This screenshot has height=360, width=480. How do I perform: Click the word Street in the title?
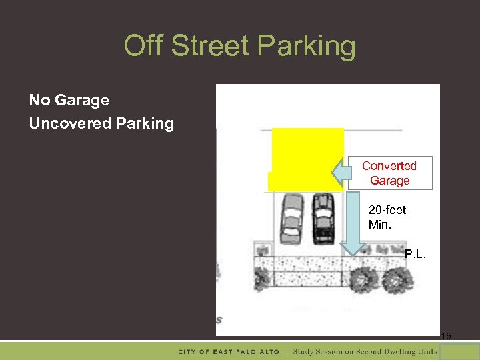209,46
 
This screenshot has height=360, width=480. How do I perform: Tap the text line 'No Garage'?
69,100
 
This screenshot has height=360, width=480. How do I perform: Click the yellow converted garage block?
307,157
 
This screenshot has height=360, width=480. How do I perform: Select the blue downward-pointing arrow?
351,224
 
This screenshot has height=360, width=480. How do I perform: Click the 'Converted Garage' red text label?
389,173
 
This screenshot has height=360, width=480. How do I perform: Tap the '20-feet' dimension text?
387,210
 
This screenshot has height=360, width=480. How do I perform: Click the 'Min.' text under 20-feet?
379,225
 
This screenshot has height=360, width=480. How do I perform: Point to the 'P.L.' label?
415,253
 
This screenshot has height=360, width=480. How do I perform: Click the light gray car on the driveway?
291,217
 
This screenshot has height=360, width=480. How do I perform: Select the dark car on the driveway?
323,217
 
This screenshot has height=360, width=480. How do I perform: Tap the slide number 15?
446,337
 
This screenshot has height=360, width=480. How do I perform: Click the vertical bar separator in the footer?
287,351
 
